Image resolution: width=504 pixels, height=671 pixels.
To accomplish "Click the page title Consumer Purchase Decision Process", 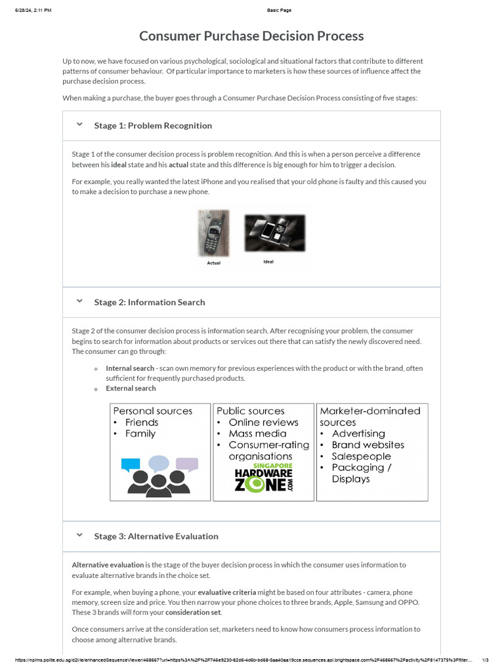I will [x=251, y=36].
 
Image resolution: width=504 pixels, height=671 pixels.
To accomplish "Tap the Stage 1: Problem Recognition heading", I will [x=153, y=125].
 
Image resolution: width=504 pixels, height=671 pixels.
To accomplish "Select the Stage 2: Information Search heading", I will [x=150, y=302].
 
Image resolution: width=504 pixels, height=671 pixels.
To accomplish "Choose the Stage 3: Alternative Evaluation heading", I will [x=156, y=536].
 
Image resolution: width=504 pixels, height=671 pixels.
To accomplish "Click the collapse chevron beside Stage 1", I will [x=79, y=125].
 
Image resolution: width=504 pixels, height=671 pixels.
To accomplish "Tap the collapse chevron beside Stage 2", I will [x=79, y=301].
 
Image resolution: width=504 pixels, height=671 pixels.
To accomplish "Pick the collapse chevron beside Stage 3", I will [x=79, y=535].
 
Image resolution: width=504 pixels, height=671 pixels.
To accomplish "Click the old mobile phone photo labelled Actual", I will [x=214, y=233].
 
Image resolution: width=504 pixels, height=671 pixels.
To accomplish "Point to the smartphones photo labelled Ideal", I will [x=274, y=233].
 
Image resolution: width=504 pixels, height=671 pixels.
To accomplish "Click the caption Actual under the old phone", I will [x=214, y=263].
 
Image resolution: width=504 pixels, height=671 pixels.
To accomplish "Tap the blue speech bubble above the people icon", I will [x=131, y=465].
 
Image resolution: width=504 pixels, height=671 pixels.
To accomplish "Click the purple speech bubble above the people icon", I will [x=187, y=465].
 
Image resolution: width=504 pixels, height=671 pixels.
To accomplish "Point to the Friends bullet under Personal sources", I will [x=142, y=423].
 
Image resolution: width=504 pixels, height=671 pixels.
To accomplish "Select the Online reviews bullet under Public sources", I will [x=263, y=423].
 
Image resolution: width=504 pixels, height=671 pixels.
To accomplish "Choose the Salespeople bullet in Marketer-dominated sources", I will [x=361, y=456].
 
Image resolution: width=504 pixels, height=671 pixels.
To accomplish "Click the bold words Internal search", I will [x=130, y=368].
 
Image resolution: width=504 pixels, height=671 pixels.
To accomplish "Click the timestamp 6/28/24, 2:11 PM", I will [x=33, y=10].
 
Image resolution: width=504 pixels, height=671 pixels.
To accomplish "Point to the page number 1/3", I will [x=486, y=659].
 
